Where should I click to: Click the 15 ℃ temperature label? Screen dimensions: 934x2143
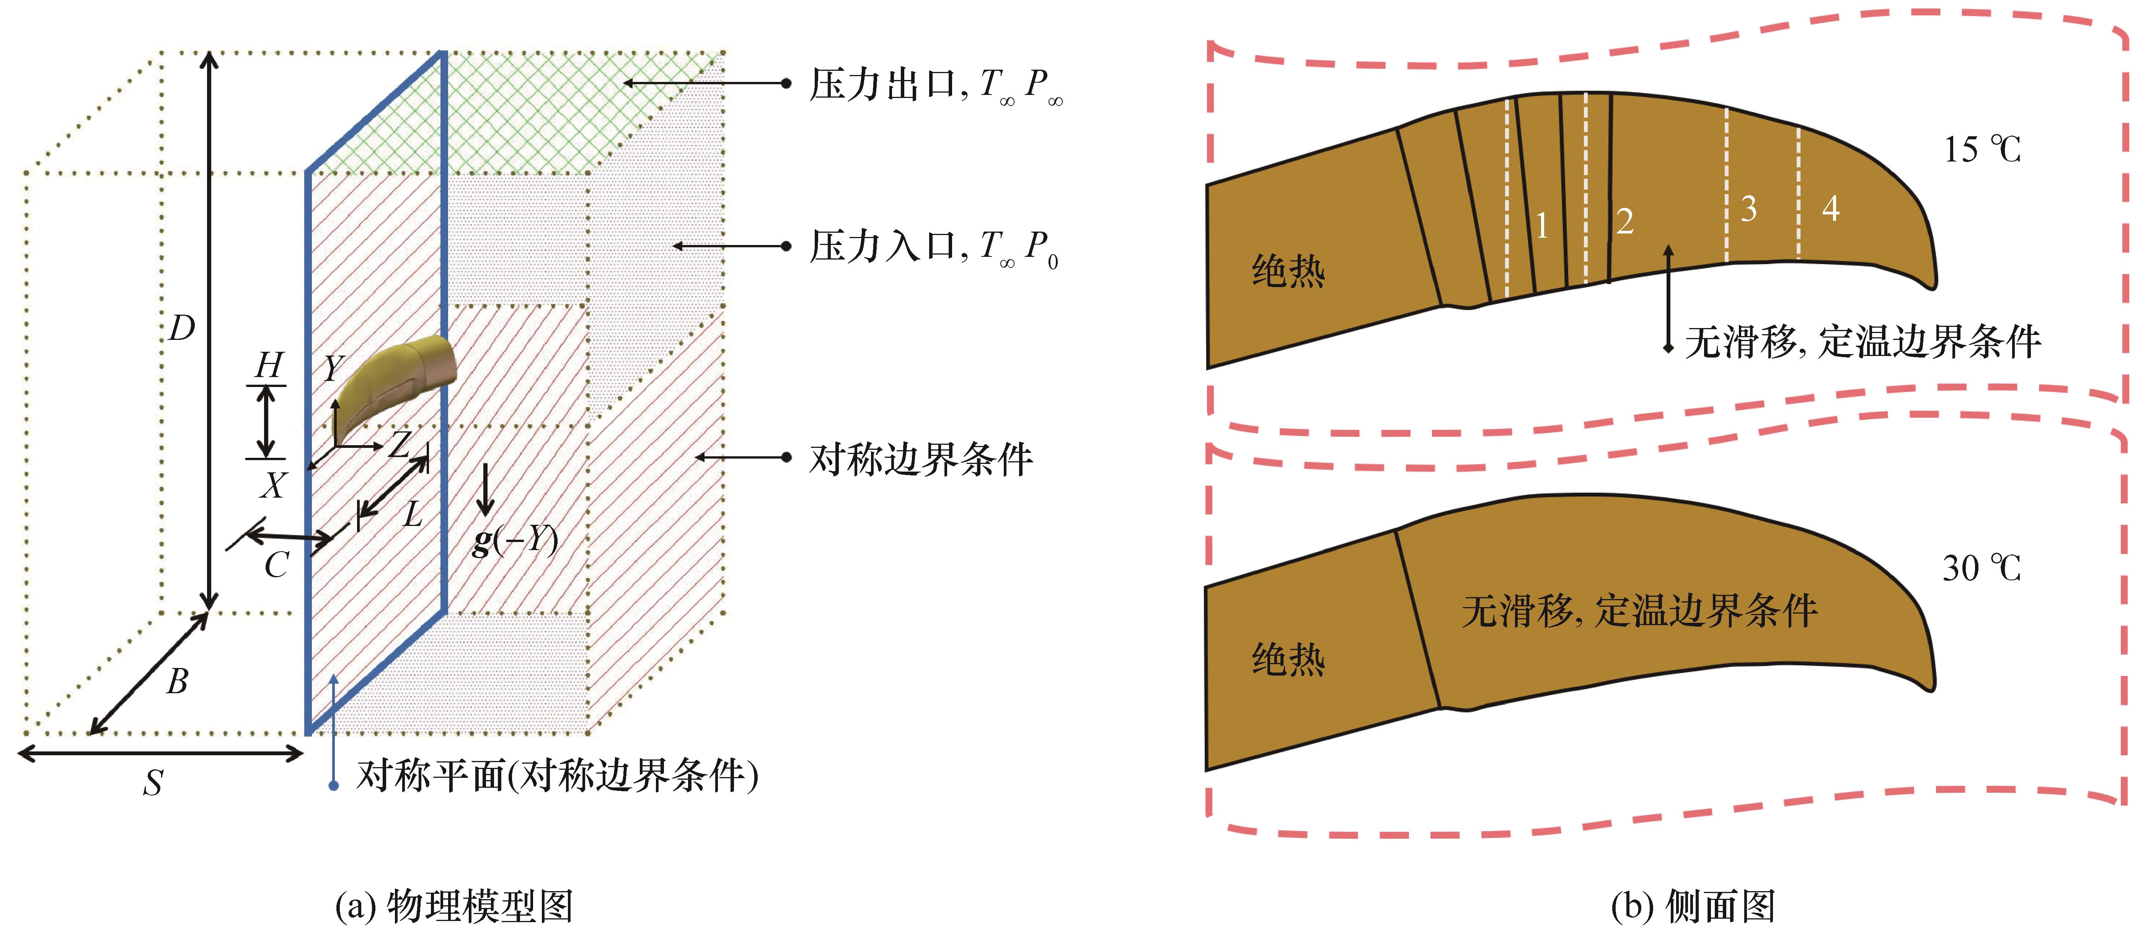(x=1982, y=150)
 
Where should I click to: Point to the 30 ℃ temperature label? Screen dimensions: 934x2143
(x=1982, y=568)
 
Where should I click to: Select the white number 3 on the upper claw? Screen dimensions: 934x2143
(x=1749, y=209)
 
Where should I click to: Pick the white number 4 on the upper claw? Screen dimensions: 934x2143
(x=1830, y=208)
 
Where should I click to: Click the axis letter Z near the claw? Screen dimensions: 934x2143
(x=400, y=444)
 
